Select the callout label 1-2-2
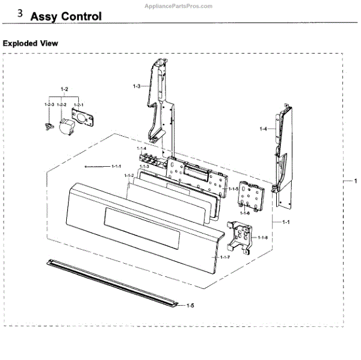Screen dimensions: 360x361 (x=61, y=105)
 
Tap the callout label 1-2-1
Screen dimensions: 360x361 (x=78, y=105)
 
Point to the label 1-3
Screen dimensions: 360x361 (x=137, y=87)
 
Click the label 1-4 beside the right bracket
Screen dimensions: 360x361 (x=263, y=129)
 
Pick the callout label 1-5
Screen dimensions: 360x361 (x=190, y=306)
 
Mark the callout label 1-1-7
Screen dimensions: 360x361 (x=224, y=258)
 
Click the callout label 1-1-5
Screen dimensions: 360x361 (x=233, y=188)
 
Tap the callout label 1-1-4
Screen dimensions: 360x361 (x=142, y=149)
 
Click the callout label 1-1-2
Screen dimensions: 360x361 (x=129, y=176)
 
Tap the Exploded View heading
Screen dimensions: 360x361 (x=31, y=43)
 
